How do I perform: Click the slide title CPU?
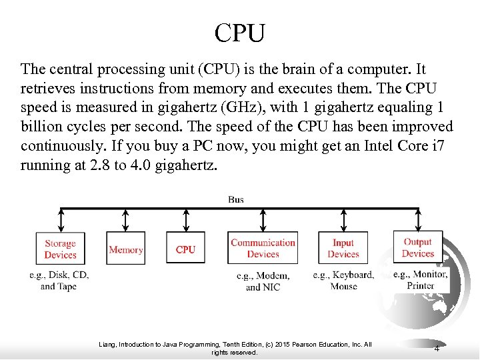point(240,32)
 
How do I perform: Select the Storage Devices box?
point(60,249)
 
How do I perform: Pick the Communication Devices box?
point(263,249)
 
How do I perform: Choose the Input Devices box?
point(343,249)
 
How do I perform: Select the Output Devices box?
point(418,248)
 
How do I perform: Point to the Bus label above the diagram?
point(236,199)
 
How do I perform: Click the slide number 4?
point(437,349)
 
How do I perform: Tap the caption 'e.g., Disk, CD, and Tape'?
point(59,281)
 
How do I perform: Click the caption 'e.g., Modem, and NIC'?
point(263,281)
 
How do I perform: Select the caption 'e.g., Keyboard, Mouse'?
point(343,281)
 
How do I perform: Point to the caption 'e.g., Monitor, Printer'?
point(420,280)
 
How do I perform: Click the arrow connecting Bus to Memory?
point(125,220)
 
